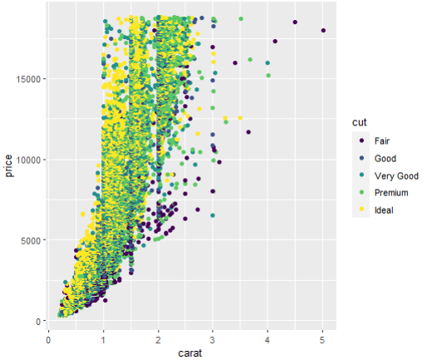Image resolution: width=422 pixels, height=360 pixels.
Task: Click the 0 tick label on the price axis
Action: [x=37, y=321]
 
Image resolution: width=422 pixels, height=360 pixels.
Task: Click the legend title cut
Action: [x=360, y=123]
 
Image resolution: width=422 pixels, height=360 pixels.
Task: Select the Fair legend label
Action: [x=383, y=141]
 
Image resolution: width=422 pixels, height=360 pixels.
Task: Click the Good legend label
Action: [x=385, y=158]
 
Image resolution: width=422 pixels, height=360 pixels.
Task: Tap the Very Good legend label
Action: [x=395, y=175]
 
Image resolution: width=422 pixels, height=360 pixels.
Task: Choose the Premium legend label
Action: [x=391, y=192]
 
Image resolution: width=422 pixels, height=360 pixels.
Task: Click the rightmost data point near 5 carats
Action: [x=323, y=31]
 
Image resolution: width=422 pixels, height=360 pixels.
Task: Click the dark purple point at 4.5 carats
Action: [x=295, y=22]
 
